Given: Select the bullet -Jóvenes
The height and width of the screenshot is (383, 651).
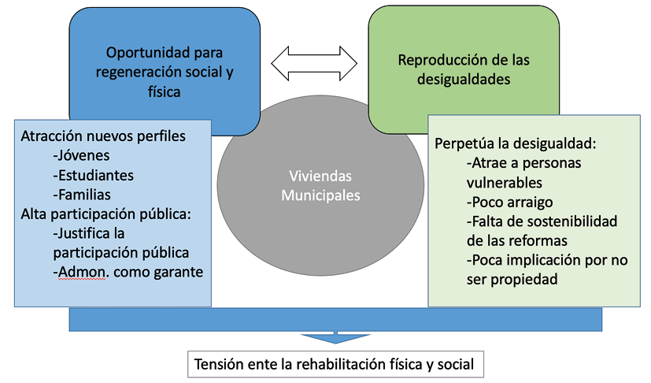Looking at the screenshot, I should pyautogui.click(x=81, y=155).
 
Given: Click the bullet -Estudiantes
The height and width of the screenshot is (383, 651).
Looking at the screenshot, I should pyautogui.click(x=93, y=175).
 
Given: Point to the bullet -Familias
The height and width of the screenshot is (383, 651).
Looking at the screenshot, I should pyautogui.click(x=82, y=194).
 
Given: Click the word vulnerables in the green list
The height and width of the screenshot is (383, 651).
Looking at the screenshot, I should pyautogui.click(x=504, y=182).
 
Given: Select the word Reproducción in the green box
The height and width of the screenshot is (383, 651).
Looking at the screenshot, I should pyautogui.click(x=438, y=60).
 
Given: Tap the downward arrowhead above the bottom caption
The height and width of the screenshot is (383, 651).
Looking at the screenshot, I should pyautogui.click(x=336, y=337).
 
